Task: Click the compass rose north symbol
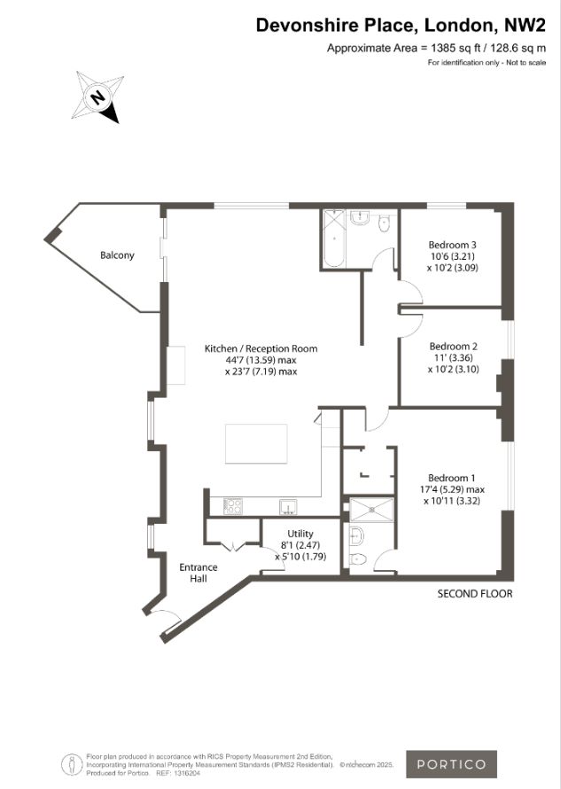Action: coord(97,97)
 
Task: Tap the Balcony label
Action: coord(117,255)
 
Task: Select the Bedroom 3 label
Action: coord(452,245)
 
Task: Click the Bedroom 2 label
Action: coord(454,347)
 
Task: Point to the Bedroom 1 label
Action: coord(451,478)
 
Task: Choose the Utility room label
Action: coord(300,534)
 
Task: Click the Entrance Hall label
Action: coord(199,573)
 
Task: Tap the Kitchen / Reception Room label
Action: coord(261,348)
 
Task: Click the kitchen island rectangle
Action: coord(257,443)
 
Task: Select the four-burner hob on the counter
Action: coord(233,506)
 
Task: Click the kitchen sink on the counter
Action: coord(289,507)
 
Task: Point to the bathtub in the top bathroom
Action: coord(333,238)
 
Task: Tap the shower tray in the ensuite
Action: coord(372,510)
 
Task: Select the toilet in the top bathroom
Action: coord(384,223)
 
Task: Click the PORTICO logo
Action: coord(451,764)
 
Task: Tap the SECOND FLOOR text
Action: coord(475,594)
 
